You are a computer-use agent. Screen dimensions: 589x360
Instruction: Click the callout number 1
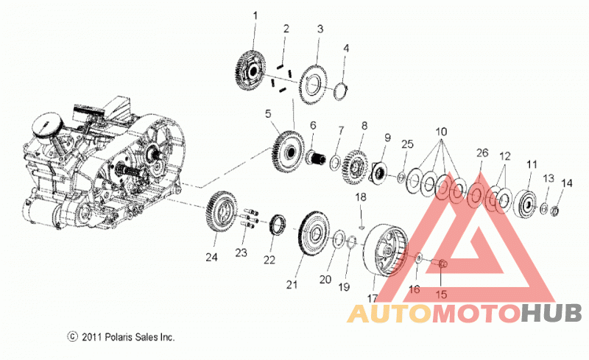pyautogui.click(x=255, y=16)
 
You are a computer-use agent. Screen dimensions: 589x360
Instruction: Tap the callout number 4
pyautogui.click(x=346, y=48)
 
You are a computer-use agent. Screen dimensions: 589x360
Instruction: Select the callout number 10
pyautogui.click(x=441, y=132)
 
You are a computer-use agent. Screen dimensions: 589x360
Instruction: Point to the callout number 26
pyautogui.click(x=482, y=152)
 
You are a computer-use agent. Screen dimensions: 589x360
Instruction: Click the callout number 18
pyautogui.click(x=361, y=197)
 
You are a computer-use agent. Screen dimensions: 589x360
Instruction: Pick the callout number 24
pyautogui.click(x=211, y=258)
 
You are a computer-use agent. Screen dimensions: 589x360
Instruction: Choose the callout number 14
pyautogui.click(x=566, y=183)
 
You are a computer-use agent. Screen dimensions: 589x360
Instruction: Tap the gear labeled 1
pyautogui.click(x=251, y=71)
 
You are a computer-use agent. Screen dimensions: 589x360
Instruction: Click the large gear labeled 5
pyautogui.click(x=287, y=152)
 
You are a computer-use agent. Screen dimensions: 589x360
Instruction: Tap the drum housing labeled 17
pyautogui.click(x=385, y=250)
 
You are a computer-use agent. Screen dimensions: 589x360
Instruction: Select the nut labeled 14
pyautogui.click(x=555, y=211)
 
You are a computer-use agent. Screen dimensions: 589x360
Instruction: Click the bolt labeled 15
pyautogui.click(x=438, y=264)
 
